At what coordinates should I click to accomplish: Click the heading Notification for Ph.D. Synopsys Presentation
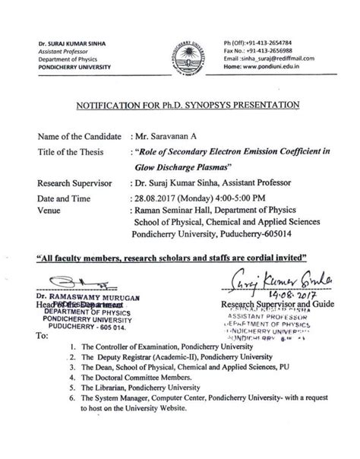(x=180, y=103)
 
